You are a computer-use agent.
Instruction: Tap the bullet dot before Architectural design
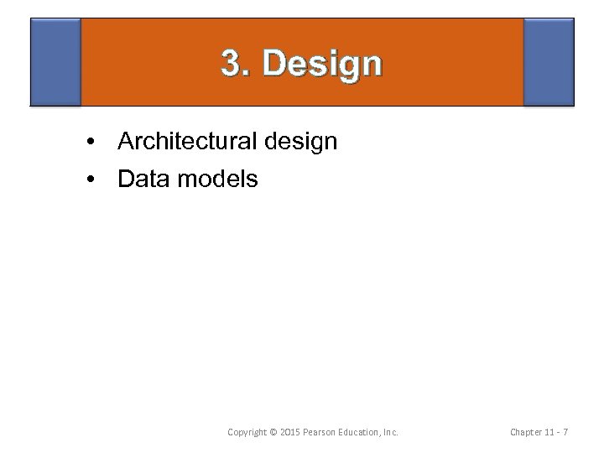[88, 143]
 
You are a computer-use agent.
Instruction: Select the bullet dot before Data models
[88, 180]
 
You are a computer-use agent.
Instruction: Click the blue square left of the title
[55, 62]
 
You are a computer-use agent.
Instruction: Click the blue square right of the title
[549, 62]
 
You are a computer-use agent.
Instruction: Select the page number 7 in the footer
[567, 432]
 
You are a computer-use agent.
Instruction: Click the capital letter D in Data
[126, 179]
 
